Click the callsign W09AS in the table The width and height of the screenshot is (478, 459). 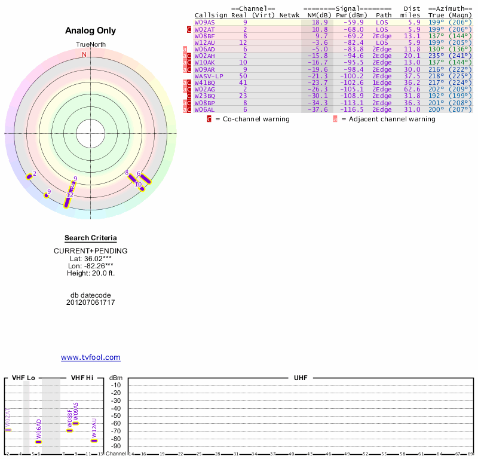point(204,22)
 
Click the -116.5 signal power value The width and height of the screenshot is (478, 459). point(351,109)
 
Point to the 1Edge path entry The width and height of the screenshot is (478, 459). point(382,82)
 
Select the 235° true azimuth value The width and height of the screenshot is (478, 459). point(437,56)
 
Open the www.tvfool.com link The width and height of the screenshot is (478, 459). point(91,357)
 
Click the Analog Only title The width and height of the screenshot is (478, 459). point(91,30)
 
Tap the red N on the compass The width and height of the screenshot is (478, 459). point(84,54)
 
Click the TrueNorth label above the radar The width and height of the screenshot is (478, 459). point(90,45)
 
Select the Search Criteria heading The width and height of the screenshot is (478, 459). point(91,238)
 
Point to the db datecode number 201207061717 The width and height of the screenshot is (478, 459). point(91,302)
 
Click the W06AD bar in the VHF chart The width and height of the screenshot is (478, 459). point(39,442)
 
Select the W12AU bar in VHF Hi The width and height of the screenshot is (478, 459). point(94,440)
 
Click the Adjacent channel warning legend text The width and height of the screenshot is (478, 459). point(388,119)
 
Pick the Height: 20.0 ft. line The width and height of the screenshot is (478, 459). point(91,273)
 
